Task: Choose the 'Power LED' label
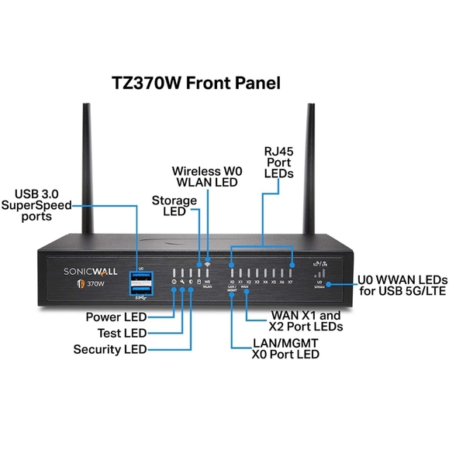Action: click(115, 316)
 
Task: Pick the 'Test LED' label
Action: click(122, 333)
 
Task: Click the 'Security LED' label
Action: click(109, 350)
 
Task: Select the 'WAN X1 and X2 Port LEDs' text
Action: click(306, 321)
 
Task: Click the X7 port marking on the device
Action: click(291, 283)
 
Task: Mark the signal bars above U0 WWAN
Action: click(319, 272)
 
